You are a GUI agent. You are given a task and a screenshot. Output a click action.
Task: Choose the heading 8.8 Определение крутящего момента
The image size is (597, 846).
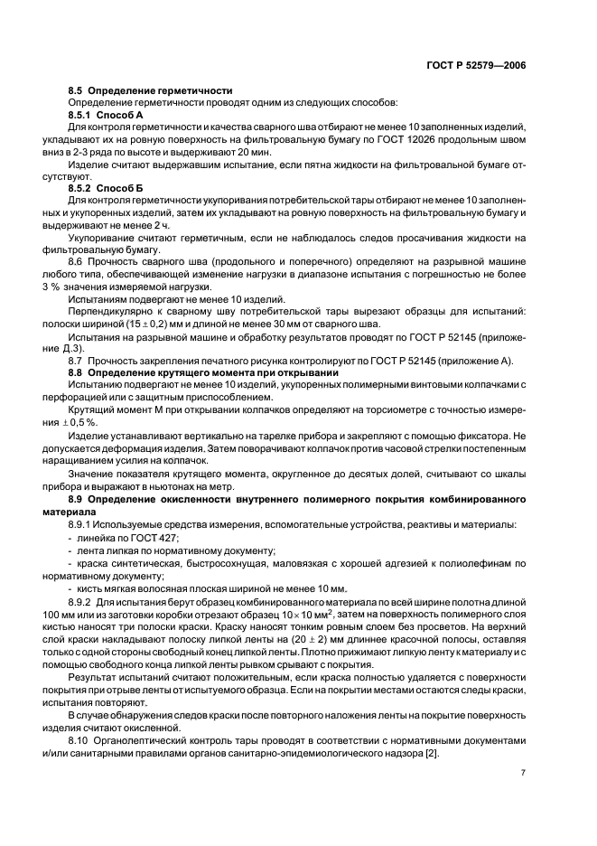point(203,373)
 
